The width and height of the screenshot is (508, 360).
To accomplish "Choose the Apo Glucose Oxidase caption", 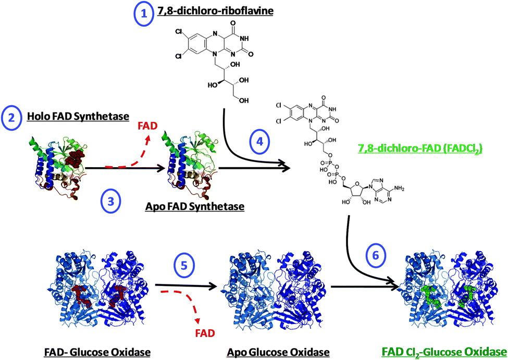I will [x=278, y=352].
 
